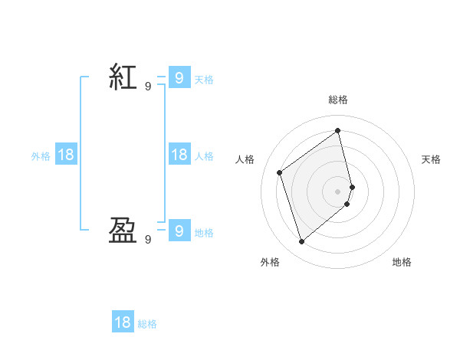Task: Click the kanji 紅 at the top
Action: pyautogui.click(x=123, y=77)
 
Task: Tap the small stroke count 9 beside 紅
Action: pyautogui.click(x=148, y=87)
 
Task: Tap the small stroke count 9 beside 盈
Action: pyautogui.click(x=148, y=239)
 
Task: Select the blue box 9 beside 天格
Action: pyautogui.click(x=179, y=77)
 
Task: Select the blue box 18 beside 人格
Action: pyautogui.click(x=179, y=155)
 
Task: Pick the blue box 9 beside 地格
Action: pyautogui.click(x=179, y=230)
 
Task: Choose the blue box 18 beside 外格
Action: pyautogui.click(x=66, y=155)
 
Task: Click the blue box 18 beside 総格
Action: pyautogui.click(x=123, y=322)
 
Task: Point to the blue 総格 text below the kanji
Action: pyautogui.click(x=147, y=324)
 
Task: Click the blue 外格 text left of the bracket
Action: pyautogui.click(x=41, y=156)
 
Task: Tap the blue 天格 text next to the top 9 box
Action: pyautogui.click(x=204, y=79)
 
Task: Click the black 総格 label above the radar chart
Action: pyautogui.click(x=338, y=100)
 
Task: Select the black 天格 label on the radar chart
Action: pyautogui.click(x=431, y=159)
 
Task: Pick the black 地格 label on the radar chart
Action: pyautogui.click(x=402, y=262)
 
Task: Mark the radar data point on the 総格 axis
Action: pyautogui.click(x=338, y=130)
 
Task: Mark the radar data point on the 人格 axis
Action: pyautogui.click(x=280, y=172)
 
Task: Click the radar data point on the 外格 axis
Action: pyautogui.click(x=302, y=242)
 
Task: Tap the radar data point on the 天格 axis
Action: pyautogui.click(x=352, y=186)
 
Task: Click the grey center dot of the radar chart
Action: pyautogui.click(x=338, y=191)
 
